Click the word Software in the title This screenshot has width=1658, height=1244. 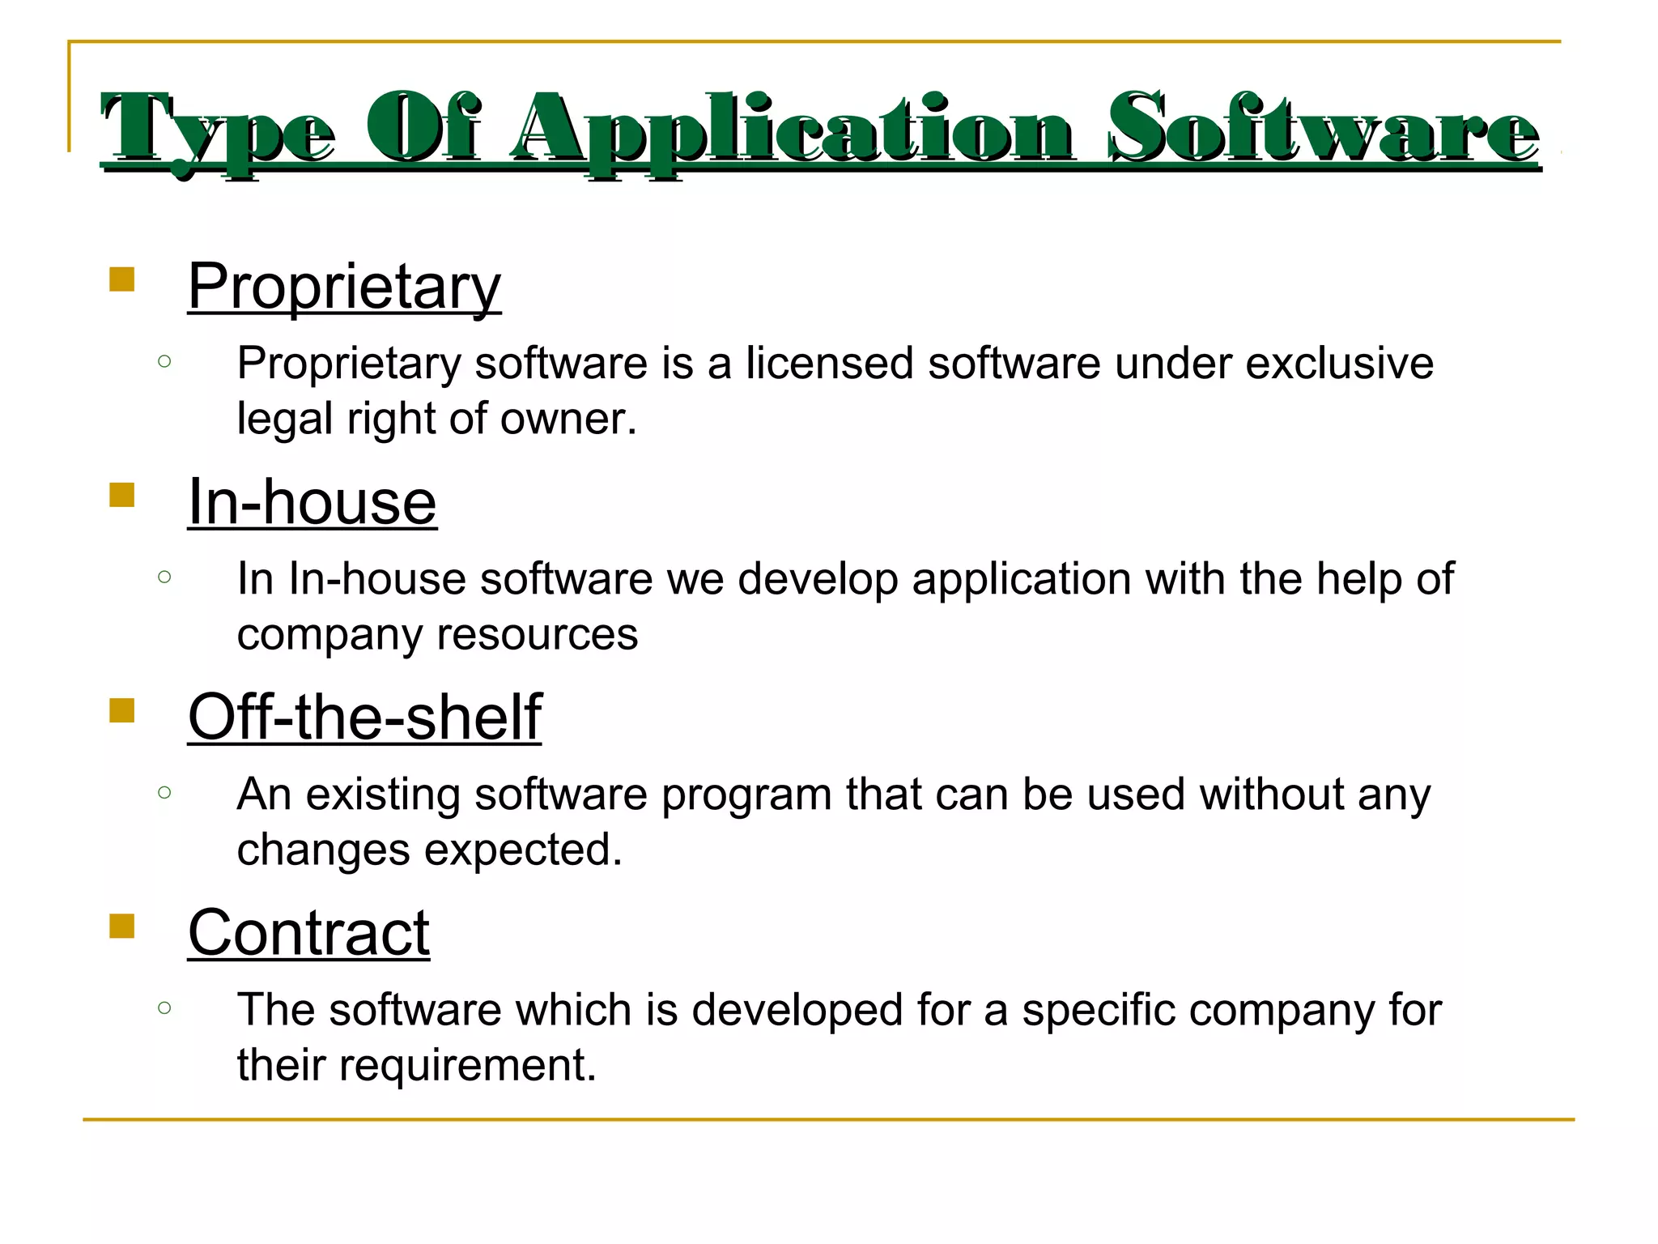click(x=1324, y=130)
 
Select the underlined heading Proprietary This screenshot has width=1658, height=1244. click(x=344, y=287)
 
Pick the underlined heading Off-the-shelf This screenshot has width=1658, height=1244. click(x=364, y=718)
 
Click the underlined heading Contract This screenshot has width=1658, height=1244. click(x=308, y=933)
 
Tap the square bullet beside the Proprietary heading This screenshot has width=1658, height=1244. click(x=121, y=279)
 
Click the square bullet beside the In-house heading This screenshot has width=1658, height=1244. click(x=121, y=495)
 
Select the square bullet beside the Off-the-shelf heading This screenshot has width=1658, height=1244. click(x=121, y=710)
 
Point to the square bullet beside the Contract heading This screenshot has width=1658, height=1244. click(x=121, y=926)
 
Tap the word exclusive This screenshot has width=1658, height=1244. click(x=1339, y=363)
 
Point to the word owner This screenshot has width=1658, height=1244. click(x=568, y=419)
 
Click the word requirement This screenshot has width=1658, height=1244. click(x=467, y=1065)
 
